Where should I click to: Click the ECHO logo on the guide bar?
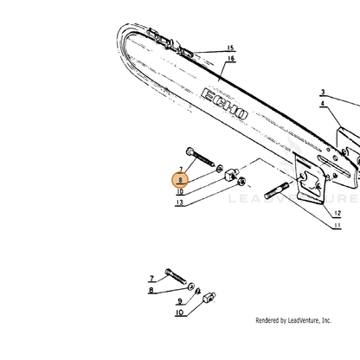(x=224, y=104)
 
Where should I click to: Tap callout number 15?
(x=230, y=48)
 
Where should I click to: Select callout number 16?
(x=231, y=59)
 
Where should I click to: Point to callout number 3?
(x=323, y=92)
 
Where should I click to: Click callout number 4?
(x=323, y=103)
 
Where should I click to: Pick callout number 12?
(x=337, y=213)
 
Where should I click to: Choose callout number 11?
(x=337, y=225)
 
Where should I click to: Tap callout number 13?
(x=179, y=202)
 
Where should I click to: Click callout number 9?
(x=180, y=301)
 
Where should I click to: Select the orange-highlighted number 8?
(x=180, y=180)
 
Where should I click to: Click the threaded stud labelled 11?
(x=277, y=190)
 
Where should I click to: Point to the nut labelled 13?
(x=241, y=182)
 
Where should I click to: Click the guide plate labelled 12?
(x=311, y=180)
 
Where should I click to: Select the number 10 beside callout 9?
(x=179, y=312)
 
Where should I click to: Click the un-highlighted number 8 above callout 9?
(x=151, y=290)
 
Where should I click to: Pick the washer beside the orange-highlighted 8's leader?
(x=220, y=167)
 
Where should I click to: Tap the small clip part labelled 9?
(x=198, y=291)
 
